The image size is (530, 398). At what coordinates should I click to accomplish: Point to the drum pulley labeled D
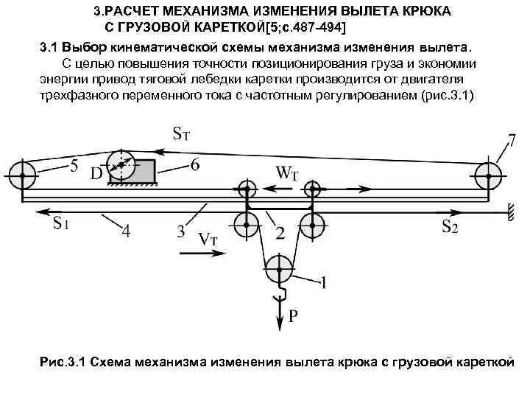pyautogui.click(x=121, y=167)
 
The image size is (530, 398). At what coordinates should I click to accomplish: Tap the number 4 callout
pyautogui.click(x=126, y=231)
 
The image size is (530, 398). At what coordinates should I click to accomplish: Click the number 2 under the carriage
pyautogui.click(x=279, y=232)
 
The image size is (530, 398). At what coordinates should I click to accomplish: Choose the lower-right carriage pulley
pyautogui.click(x=313, y=223)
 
